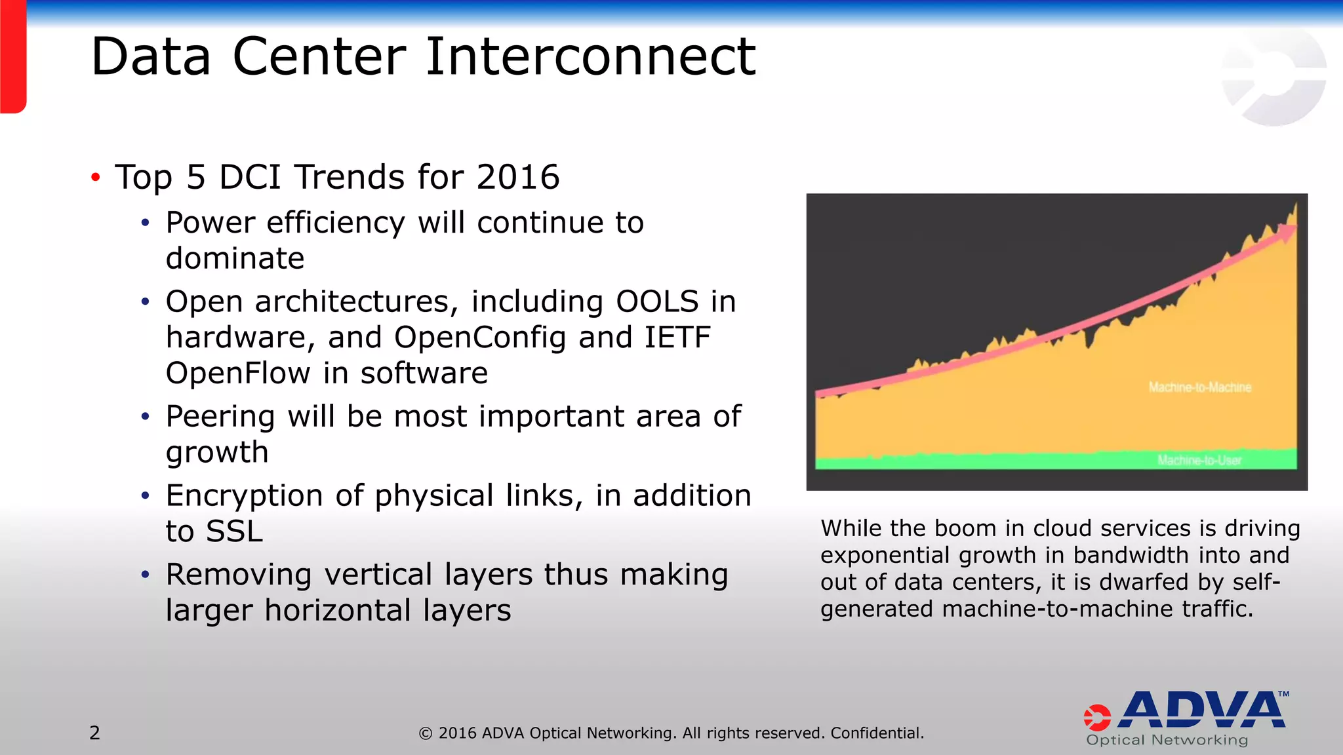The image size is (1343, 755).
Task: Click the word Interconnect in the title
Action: (x=590, y=58)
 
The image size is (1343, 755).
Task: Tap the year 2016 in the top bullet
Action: (x=517, y=178)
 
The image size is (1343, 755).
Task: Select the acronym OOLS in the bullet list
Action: (x=657, y=302)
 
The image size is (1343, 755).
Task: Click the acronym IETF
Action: (x=677, y=338)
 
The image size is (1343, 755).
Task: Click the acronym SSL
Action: (x=233, y=532)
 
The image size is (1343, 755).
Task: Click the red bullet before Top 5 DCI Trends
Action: (x=96, y=178)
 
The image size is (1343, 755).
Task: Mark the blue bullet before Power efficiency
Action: (x=146, y=223)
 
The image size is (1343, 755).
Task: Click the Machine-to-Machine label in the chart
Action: (x=1199, y=387)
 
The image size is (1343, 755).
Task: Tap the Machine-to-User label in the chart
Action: (x=1199, y=460)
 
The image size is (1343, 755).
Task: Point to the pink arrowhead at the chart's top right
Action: (x=1288, y=229)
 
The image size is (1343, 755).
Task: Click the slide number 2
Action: (x=95, y=733)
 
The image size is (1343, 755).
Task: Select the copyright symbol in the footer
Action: (x=426, y=733)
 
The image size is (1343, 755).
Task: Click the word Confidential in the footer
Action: (x=877, y=733)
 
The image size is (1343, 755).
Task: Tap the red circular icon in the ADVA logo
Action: (x=1097, y=718)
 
